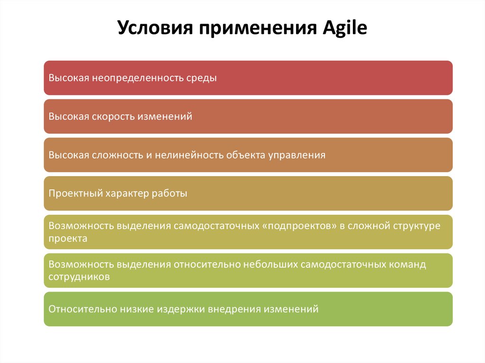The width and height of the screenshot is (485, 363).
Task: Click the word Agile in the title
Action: point(345,28)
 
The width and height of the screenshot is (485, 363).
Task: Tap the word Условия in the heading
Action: point(155,28)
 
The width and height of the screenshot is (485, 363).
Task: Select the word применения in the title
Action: point(258,29)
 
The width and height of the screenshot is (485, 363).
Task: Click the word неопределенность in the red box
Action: point(138,78)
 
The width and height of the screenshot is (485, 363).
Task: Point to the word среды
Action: point(201,78)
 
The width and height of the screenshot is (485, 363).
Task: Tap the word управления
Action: point(296,155)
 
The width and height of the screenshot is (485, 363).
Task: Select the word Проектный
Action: point(76,194)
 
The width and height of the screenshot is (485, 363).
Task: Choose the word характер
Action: point(127,194)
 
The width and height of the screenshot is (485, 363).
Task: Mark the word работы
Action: point(170,194)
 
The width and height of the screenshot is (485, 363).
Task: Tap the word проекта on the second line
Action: point(68,239)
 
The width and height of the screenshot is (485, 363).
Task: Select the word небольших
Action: point(270,265)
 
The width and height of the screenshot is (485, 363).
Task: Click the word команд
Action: point(407,265)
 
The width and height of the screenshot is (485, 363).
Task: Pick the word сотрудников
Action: point(79,277)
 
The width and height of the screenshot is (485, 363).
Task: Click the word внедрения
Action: point(234,309)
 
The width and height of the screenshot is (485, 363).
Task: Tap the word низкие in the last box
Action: point(137,309)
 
